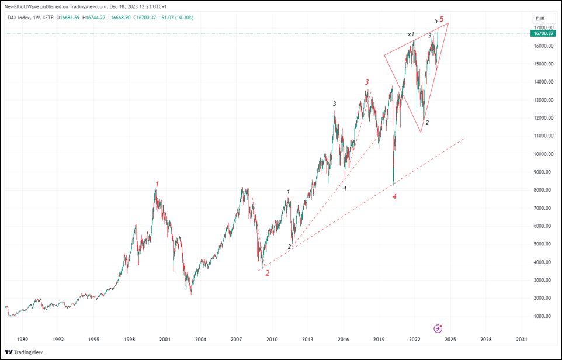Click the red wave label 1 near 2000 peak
[x=157, y=184]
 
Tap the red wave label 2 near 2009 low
[x=268, y=273]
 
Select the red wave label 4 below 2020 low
[x=394, y=197]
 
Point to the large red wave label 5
[x=442, y=19]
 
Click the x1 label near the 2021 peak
[x=411, y=35]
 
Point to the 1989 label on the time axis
[x=22, y=339]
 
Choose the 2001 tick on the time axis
[x=165, y=339]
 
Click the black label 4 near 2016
[x=345, y=188]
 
